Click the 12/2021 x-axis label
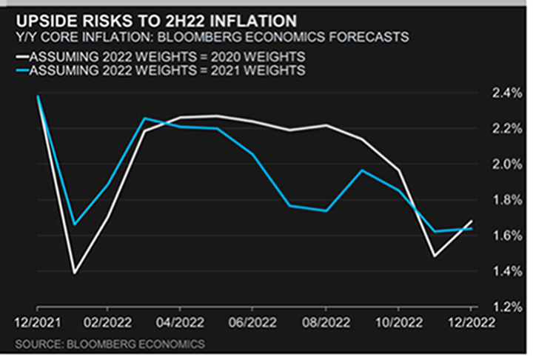pos(37,321)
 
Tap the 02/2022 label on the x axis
pos(108,321)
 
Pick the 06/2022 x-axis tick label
pos(252,321)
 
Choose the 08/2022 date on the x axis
pos(325,321)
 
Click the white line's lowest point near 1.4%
pos(74,273)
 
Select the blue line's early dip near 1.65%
pos(74,224)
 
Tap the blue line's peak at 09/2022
pos(361,170)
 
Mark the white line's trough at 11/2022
pos(434,256)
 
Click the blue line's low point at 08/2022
pos(325,211)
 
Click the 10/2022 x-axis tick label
pos(398,321)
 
